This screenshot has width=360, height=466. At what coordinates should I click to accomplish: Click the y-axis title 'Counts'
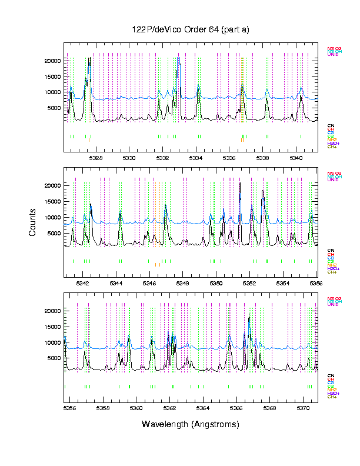click(x=33, y=225)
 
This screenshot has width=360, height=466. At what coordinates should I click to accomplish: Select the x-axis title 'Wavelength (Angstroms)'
click(x=191, y=424)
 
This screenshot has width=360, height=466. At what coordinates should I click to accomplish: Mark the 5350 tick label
click(x=217, y=283)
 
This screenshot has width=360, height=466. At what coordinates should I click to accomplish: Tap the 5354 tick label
click(x=284, y=283)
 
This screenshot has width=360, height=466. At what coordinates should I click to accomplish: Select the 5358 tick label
click(x=103, y=408)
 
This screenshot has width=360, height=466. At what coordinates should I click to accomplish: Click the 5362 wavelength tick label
click(x=170, y=408)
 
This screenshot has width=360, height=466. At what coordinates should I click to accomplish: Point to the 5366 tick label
click(x=236, y=408)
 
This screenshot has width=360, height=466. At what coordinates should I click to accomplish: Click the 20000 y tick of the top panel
click(x=53, y=61)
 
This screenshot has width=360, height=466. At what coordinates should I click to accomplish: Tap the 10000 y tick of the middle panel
click(x=53, y=218)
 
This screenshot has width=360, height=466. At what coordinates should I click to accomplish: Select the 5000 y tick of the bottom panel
click(x=55, y=358)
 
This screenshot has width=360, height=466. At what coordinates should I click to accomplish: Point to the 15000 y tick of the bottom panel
click(x=53, y=327)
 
